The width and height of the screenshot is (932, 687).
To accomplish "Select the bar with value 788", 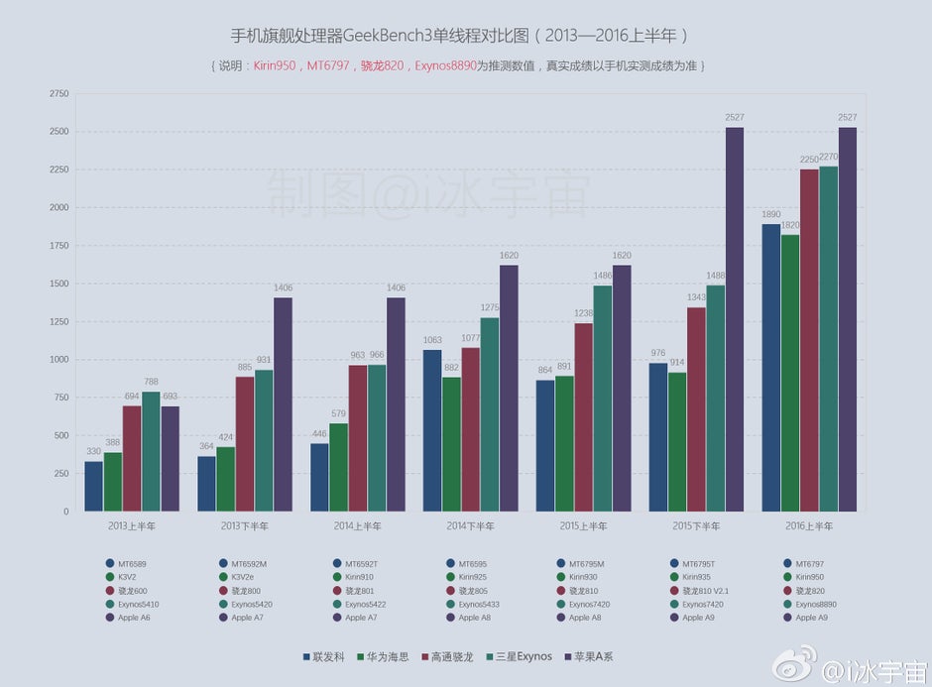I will click(151, 451).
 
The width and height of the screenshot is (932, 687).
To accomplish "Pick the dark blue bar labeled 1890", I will click(771, 367).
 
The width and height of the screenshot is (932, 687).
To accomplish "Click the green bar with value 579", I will click(339, 467).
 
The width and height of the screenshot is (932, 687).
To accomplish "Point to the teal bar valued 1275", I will click(490, 414).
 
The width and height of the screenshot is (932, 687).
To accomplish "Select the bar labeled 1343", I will click(697, 408).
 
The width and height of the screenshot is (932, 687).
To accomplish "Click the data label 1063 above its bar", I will click(432, 340).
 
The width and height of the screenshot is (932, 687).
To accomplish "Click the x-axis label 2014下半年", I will click(470, 525).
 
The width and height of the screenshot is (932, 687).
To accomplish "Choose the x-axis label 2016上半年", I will click(809, 525).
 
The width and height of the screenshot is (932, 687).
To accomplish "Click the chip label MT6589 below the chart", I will click(131, 563).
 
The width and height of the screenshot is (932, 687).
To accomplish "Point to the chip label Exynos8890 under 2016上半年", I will click(818, 604).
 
